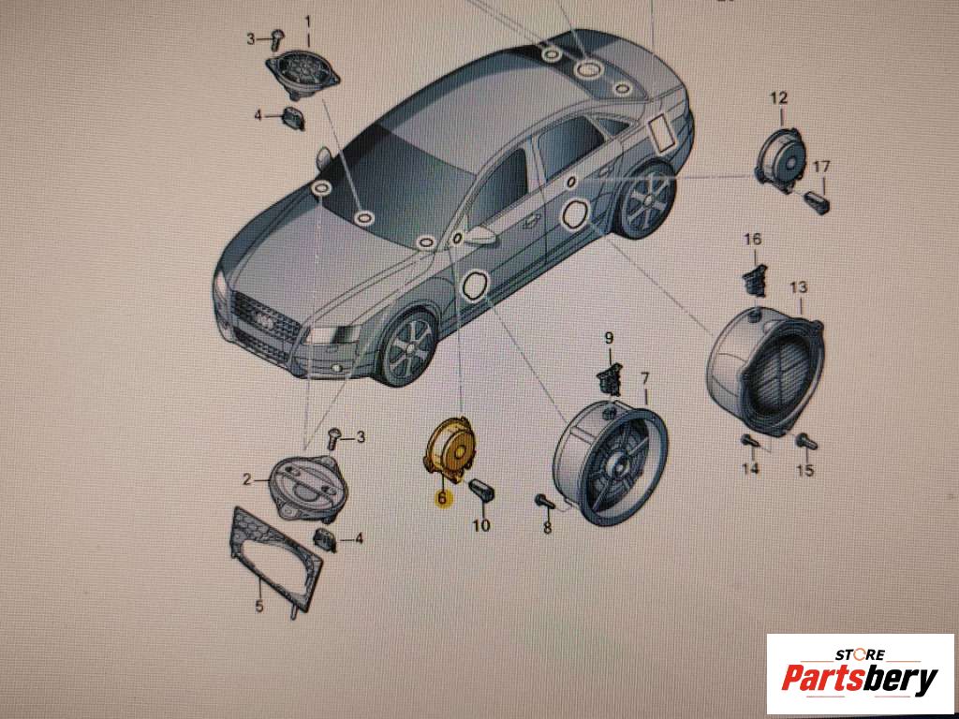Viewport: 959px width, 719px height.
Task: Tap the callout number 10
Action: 481,524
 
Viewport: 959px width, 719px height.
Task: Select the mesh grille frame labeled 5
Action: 276,559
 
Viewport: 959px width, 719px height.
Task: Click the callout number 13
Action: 799,286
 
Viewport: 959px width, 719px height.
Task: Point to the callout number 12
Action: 778,97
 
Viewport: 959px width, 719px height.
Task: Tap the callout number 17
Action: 821,167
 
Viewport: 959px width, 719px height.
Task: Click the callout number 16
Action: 753,239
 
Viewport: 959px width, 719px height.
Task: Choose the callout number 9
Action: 609,337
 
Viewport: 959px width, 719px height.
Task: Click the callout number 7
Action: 644,378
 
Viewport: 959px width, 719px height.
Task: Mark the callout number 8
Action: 547,527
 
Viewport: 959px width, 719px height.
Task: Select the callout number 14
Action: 750,468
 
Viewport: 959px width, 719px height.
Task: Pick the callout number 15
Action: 805,470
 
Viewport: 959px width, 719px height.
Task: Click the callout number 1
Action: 308,22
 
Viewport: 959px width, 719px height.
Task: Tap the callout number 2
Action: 246,480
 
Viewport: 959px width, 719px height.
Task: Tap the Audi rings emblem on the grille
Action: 265,322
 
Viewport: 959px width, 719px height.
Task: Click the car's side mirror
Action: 480,236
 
